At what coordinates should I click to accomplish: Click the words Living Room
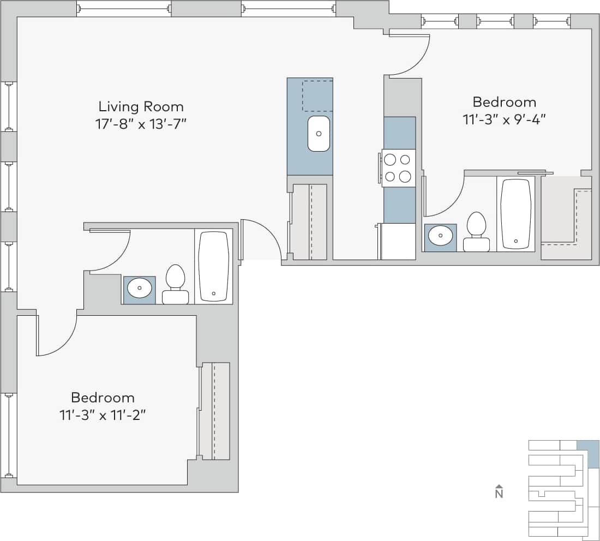point(141,106)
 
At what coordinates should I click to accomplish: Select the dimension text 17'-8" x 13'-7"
point(141,124)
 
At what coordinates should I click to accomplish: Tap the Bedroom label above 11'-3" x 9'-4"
point(504,102)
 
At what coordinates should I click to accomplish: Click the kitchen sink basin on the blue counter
point(319,134)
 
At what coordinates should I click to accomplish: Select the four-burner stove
point(398,168)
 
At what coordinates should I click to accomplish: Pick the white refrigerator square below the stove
point(398,241)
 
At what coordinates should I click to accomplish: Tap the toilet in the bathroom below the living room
point(175,285)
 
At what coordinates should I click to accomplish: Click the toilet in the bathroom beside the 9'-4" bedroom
point(476,232)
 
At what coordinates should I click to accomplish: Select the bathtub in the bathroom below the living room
point(213,266)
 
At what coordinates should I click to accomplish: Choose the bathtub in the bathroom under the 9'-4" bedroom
point(515,213)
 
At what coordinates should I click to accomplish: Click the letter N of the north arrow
point(499,494)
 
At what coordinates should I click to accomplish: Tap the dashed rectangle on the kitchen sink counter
point(317,95)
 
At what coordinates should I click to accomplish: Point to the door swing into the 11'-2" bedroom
point(57,336)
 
